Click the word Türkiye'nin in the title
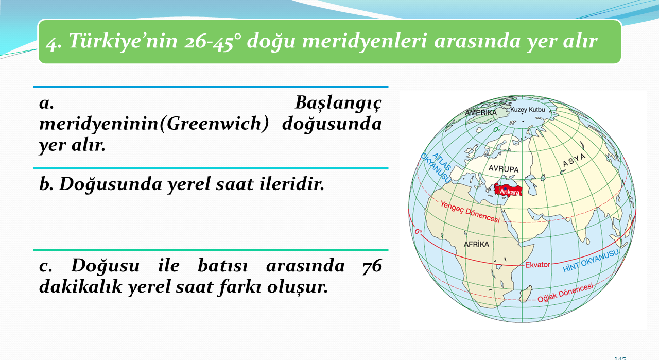[123, 41]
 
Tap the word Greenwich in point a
[214, 124]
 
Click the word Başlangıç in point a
[338, 104]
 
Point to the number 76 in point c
[372, 266]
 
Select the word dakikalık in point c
[80, 286]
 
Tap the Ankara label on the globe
[510, 192]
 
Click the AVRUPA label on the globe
[504, 168]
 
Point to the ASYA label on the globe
[574, 160]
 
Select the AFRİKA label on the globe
[476, 244]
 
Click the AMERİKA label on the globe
[481, 112]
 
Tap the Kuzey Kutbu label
[528, 110]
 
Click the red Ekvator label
[538, 265]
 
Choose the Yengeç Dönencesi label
[470, 212]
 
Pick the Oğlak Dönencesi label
[565, 293]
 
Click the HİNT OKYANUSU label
[591, 261]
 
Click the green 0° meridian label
[497, 129]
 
